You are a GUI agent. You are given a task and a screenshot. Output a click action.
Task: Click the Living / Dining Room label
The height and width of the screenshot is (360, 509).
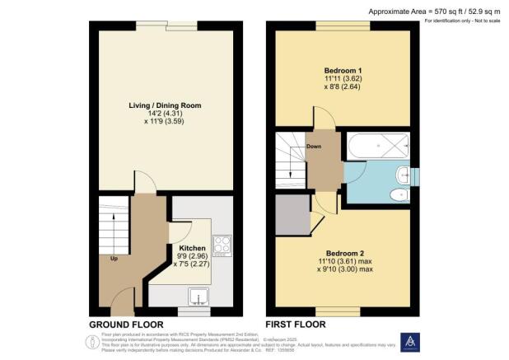coord(165,106)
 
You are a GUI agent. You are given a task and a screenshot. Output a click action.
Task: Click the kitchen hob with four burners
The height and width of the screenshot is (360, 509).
coord(222,245)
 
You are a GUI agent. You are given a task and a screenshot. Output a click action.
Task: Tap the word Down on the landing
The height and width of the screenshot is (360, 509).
coord(314,147)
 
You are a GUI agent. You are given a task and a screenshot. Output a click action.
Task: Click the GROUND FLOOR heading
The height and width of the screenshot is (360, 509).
coord(125,325)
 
